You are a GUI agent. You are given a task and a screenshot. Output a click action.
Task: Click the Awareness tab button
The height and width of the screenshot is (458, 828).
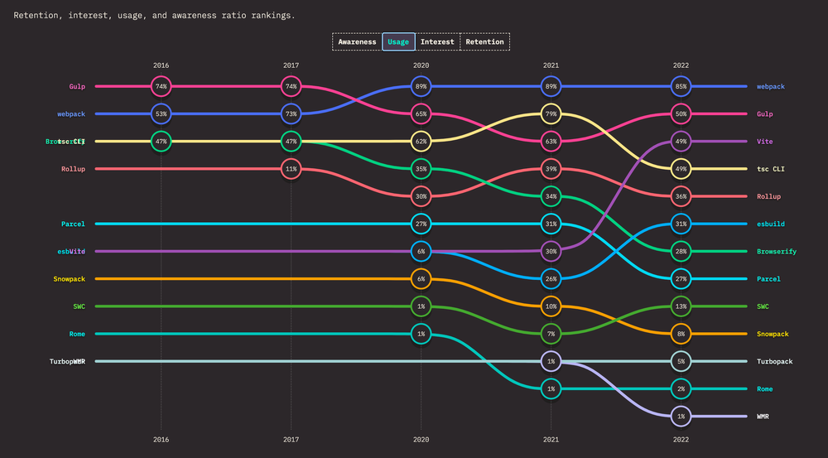[x=357, y=41]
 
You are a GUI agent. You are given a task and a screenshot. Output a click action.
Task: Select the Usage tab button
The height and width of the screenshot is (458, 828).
[x=398, y=41]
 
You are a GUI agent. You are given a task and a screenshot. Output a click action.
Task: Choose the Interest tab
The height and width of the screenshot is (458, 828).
[x=437, y=41]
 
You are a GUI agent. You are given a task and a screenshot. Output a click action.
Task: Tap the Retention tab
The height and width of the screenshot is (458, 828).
[x=484, y=41]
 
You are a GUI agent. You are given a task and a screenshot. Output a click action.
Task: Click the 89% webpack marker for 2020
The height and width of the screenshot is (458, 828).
[x=421, y=86]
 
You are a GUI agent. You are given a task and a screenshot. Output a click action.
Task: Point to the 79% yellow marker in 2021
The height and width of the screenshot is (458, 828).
[x=551, y=113]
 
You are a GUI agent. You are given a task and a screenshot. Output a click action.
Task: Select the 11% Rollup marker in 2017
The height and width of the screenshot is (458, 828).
[x=291, y=169]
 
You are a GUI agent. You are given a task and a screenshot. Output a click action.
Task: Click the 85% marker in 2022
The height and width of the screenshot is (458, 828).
[x=681, y=86]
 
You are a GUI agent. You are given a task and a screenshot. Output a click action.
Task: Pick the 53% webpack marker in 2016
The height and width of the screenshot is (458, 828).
[x=161, y=113]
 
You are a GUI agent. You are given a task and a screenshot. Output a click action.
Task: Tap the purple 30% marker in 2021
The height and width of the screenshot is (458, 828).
[x=551, y=251]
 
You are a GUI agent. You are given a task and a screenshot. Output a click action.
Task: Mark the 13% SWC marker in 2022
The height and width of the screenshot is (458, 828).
[x=681, y=306]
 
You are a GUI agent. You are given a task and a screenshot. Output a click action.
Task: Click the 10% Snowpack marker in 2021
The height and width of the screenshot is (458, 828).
[x=551, y=306]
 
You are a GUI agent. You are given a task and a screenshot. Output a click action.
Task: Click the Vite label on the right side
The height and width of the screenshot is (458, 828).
[x=765, y=142]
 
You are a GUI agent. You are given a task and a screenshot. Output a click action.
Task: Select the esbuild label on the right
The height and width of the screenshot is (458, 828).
[x=770, y=224]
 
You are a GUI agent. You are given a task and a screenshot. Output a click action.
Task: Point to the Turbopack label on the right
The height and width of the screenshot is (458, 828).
[x=776, y=362]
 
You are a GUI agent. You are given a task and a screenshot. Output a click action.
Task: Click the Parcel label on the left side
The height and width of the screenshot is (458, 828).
[x=73, y=224]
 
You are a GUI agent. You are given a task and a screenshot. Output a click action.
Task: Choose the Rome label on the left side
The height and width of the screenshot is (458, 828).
[x=76, y=334]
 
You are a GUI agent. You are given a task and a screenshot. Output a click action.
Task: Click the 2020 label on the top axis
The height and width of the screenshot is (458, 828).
[x=421, y=65]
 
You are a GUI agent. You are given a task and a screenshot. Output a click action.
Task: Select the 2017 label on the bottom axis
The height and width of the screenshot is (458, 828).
[x=291, y=441]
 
